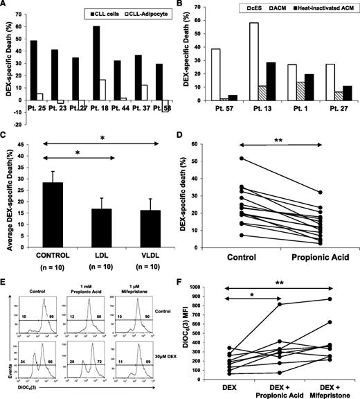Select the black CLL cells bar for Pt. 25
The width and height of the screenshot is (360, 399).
(x=33, y=69)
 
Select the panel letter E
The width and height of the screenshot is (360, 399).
(x=6, y=283)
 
